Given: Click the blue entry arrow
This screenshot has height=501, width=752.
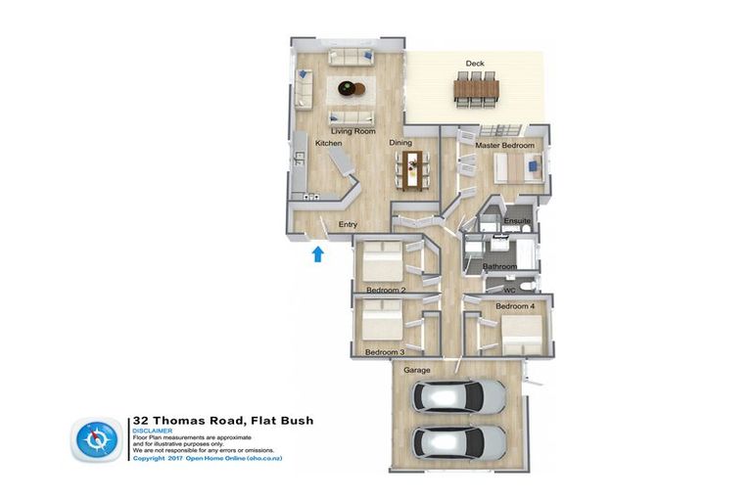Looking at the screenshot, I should click(x=316, y=255).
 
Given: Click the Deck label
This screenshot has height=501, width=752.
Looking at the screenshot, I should click(x=475, y=64).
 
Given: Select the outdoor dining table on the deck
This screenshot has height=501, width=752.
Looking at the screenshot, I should click(x=476, y=90).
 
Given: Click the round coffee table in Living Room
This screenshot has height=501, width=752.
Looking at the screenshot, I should click(x=350, y=89).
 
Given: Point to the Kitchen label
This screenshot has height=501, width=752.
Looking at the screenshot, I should click(x=328, y=144).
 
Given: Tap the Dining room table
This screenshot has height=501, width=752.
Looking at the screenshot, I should click(x=409, y=168).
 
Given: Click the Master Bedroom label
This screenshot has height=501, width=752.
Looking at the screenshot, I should click(x=505, y=146).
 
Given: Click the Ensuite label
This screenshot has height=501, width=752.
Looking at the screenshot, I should click(x=517, y=221).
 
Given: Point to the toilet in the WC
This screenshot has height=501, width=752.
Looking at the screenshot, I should click(x=528, y=285).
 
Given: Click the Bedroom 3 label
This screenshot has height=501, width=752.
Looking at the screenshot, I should click(x=385, y=351).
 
